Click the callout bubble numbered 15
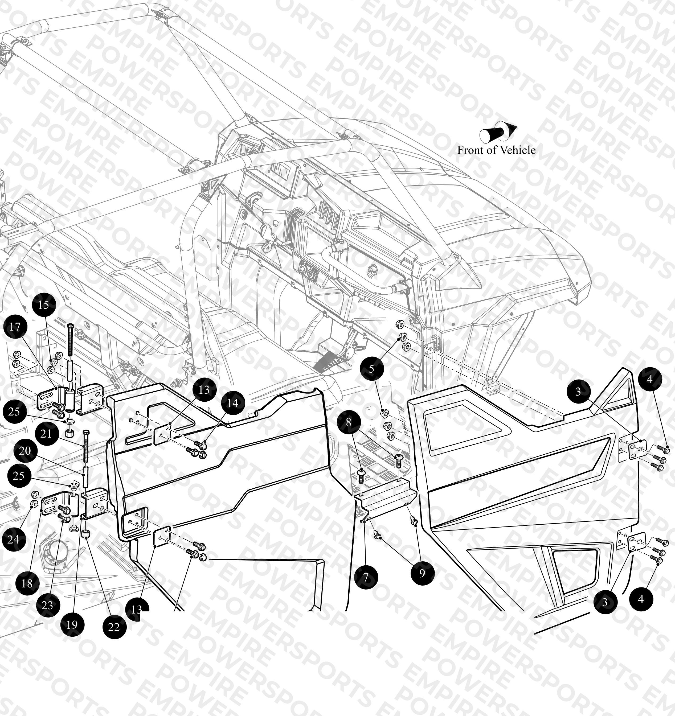44,305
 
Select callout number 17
15,327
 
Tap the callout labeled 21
46,434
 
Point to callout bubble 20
25,451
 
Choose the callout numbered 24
14,539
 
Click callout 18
27,583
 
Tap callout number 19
72,624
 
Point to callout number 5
371,368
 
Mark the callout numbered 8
348,422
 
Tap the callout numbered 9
422,573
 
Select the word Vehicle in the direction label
518,150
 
